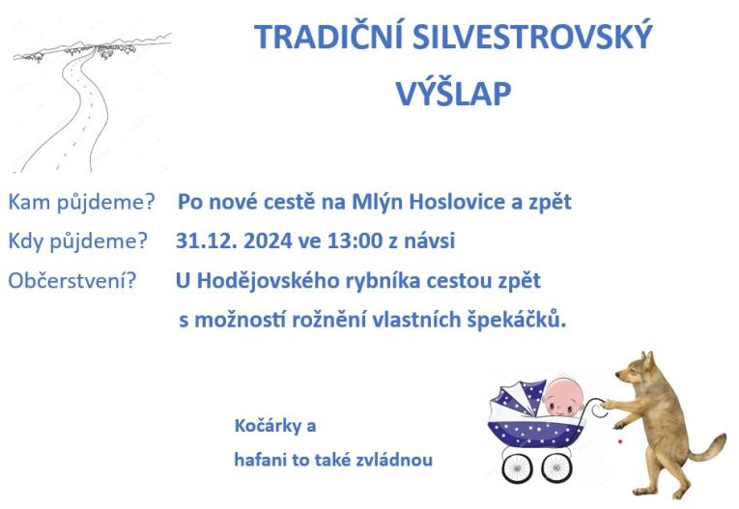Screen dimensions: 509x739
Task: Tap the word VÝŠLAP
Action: coord(453,93)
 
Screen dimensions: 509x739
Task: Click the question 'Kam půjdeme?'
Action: coord(82,203)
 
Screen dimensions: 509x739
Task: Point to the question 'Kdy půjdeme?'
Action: coord(78,240)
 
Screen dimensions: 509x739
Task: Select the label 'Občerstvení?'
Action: coord(72,281)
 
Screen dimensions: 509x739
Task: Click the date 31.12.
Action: coord(206,240)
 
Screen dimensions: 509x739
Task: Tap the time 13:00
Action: coord(360,240)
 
